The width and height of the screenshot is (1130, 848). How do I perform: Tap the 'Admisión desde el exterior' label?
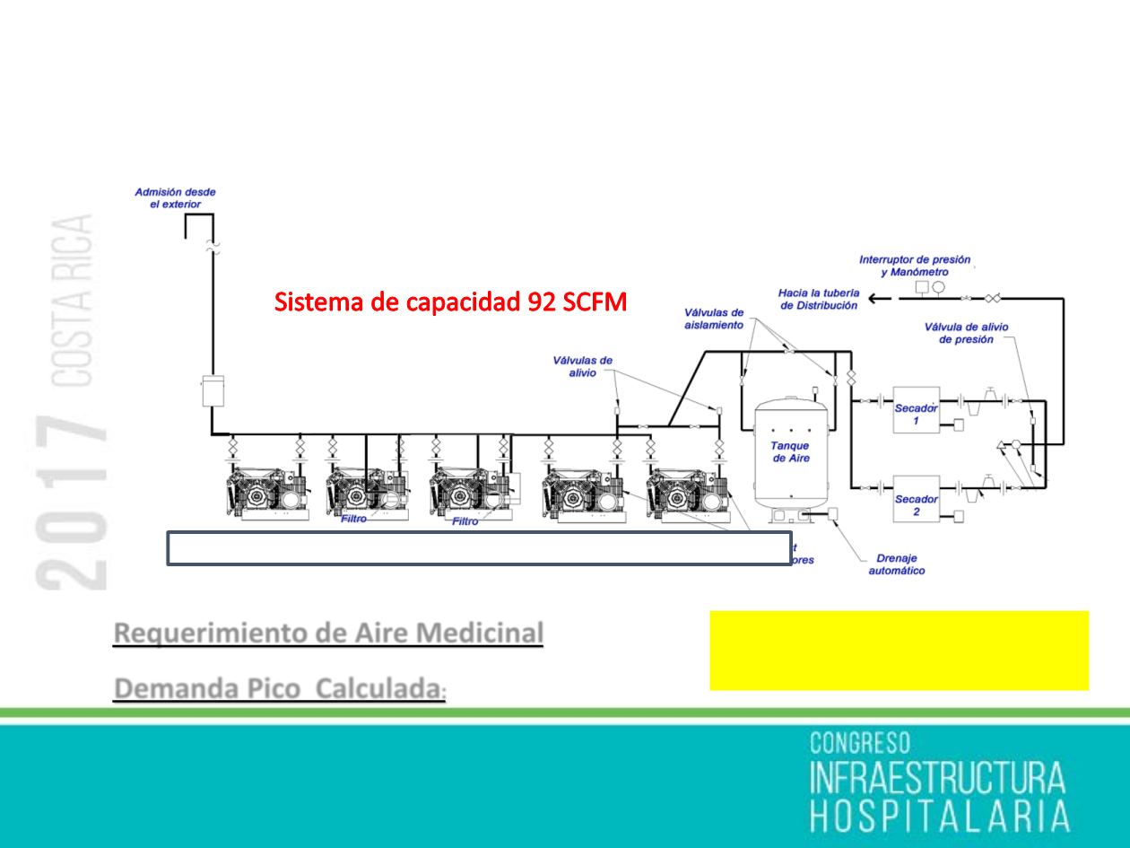point(175,197)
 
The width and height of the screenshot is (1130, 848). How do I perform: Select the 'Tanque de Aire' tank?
point(790,451)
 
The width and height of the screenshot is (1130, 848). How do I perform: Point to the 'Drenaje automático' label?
point(896,564)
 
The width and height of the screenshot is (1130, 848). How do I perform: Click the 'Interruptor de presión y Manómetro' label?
point(914,265)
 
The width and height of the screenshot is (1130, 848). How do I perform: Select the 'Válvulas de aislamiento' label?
point(713,319)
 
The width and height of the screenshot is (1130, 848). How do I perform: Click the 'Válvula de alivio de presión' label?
point(965,333)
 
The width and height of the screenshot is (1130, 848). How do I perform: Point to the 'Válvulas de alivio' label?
point(582,367)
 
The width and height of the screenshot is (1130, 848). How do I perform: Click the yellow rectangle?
point(899,651)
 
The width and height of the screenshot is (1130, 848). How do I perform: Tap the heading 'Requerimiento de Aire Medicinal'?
point(328,633)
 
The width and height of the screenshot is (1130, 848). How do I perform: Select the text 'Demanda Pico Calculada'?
point(278,689)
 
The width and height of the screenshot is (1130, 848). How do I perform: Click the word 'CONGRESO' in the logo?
point(860,743)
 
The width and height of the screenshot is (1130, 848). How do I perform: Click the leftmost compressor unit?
point(267,493)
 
